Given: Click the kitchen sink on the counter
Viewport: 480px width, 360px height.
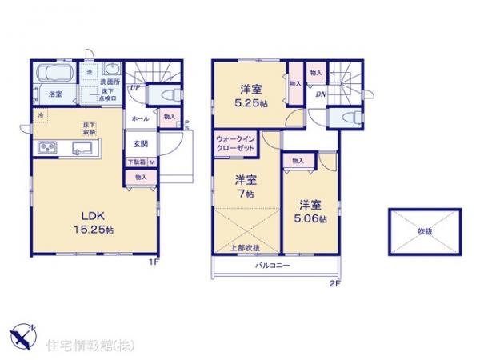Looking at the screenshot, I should click(82, 147).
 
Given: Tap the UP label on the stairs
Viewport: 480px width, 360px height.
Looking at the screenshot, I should click(136, 88).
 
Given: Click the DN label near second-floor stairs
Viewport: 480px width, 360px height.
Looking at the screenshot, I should click(320, 94).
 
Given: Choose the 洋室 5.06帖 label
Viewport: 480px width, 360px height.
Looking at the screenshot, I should click(310, 211).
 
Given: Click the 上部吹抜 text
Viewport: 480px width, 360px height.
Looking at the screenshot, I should click(245, 247).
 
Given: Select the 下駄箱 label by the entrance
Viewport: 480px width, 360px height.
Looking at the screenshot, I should click(135, 162).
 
